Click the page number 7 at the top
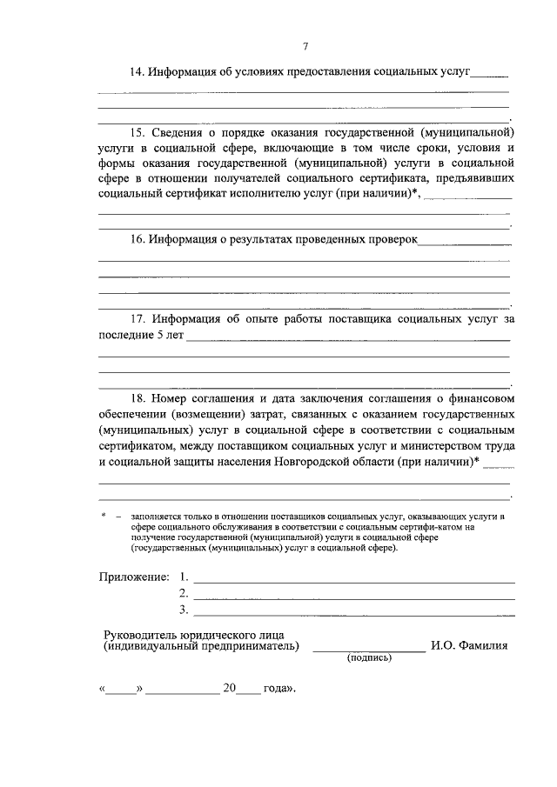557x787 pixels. click(x=305, y=46)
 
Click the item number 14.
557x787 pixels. click(x=137, y=70)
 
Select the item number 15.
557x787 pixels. click(x=137, y=133)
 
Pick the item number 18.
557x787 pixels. click(x=137, y=397)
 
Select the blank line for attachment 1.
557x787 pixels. click(x=353, y=580)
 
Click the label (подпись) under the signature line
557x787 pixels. click(x=369, y=657)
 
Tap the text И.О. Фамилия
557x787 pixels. click(x=469, y=645)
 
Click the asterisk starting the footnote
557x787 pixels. click(x=104, y=516)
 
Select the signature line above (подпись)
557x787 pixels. click(x=369, y=650)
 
